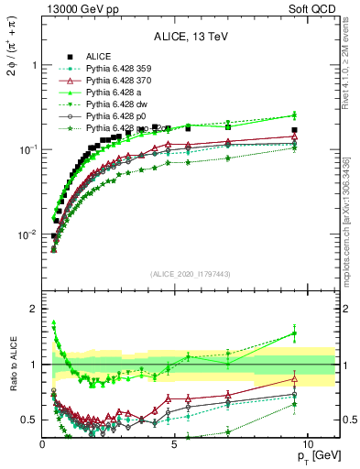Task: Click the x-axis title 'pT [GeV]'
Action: coord(315,455)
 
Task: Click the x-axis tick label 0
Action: coord(43,443)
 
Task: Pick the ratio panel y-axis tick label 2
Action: coord(33,309)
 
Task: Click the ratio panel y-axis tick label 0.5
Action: coord(28,420)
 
